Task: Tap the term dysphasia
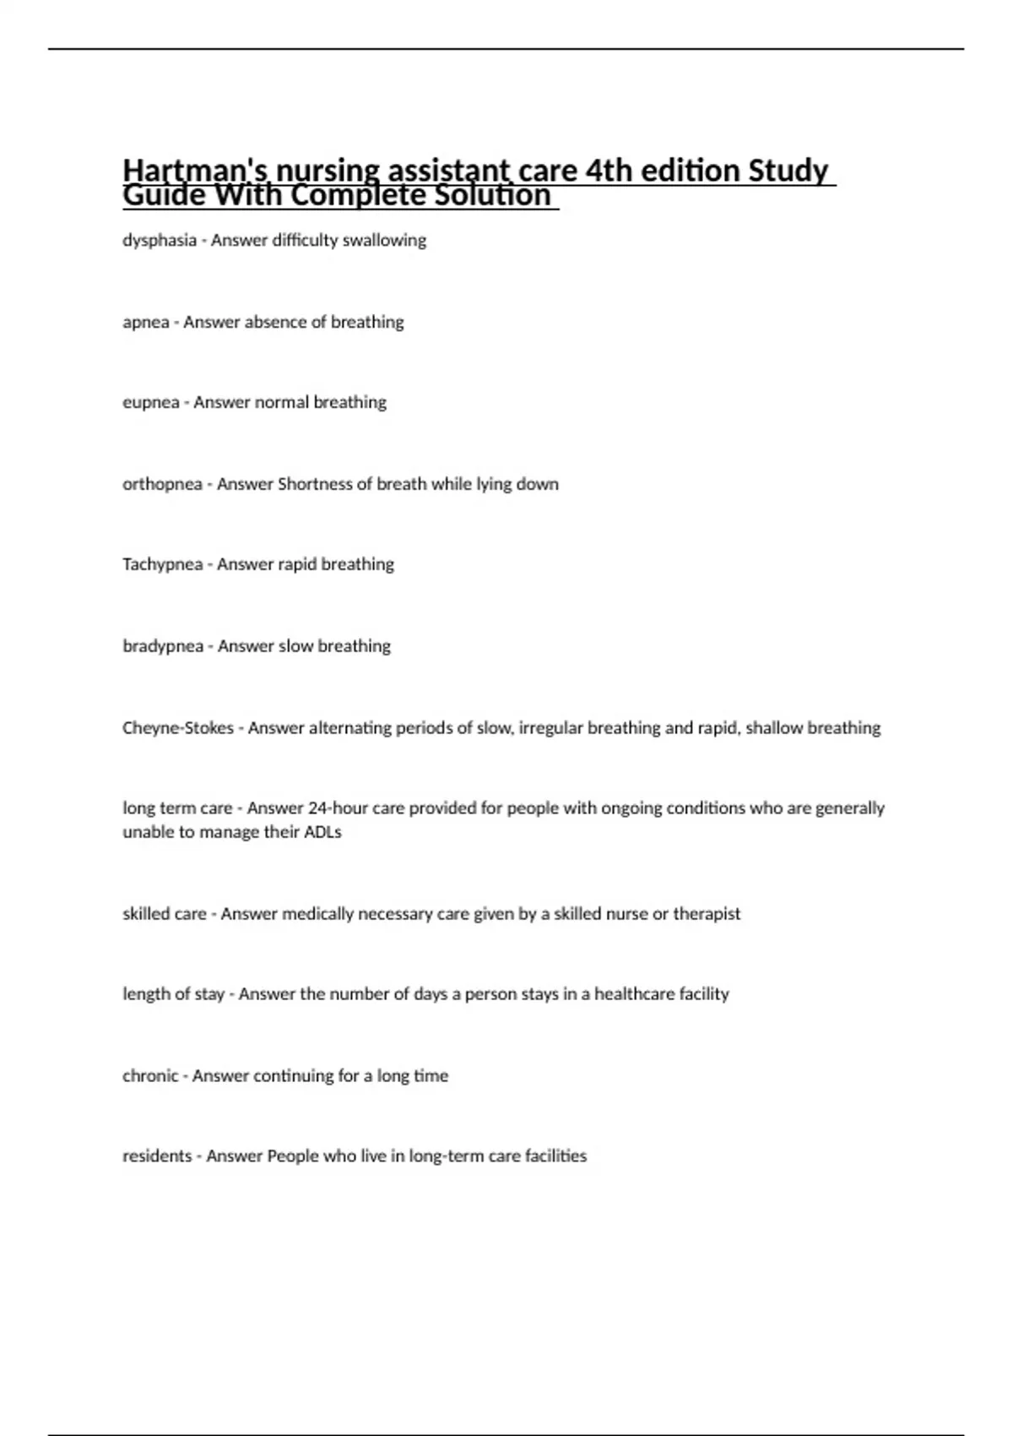(160, 241)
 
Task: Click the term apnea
(146, 323)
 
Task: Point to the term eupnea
(151, 403)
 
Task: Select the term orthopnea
(162, 485)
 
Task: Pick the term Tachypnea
(162, 565)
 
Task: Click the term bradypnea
(163, 646)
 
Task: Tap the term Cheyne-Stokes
(178, 728)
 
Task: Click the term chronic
(150, 1076)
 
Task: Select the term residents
(157, 1156)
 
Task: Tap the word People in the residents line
(292, 1156)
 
